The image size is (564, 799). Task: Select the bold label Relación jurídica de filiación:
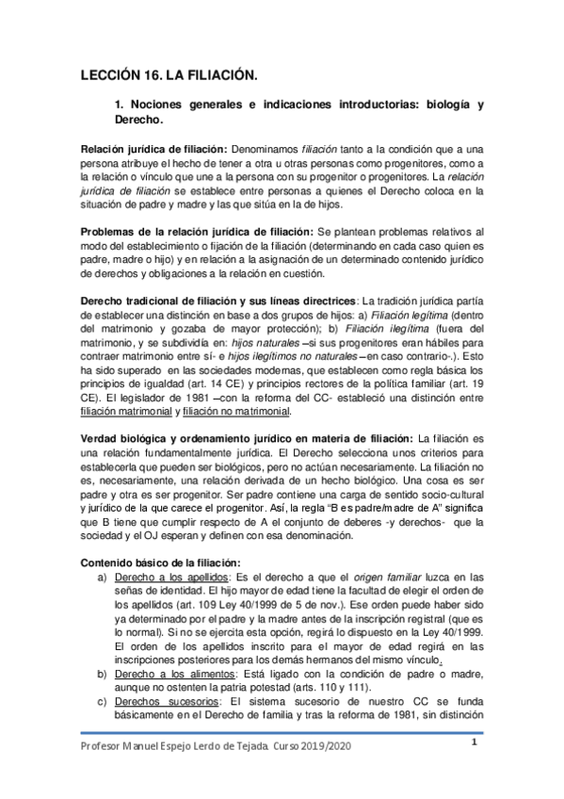(x=153, y=150)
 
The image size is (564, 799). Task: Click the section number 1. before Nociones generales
(x=119, y=106)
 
